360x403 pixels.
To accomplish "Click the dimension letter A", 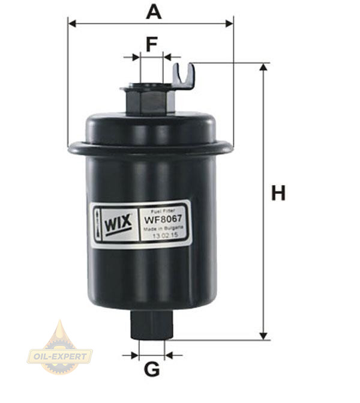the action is coord(154,12).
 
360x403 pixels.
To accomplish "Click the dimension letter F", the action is coord(152,44).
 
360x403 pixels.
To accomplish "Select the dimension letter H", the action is coord(278,193).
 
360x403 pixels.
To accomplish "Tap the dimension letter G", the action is coord(152,369).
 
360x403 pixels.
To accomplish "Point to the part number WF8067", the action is coord(163,219).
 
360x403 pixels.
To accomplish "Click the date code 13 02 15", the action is coord(165,235).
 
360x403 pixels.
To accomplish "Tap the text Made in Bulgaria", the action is coord(163,228).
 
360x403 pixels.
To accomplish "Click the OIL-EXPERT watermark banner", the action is coord(60,357).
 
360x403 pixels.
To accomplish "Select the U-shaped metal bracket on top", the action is coord(184,76).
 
